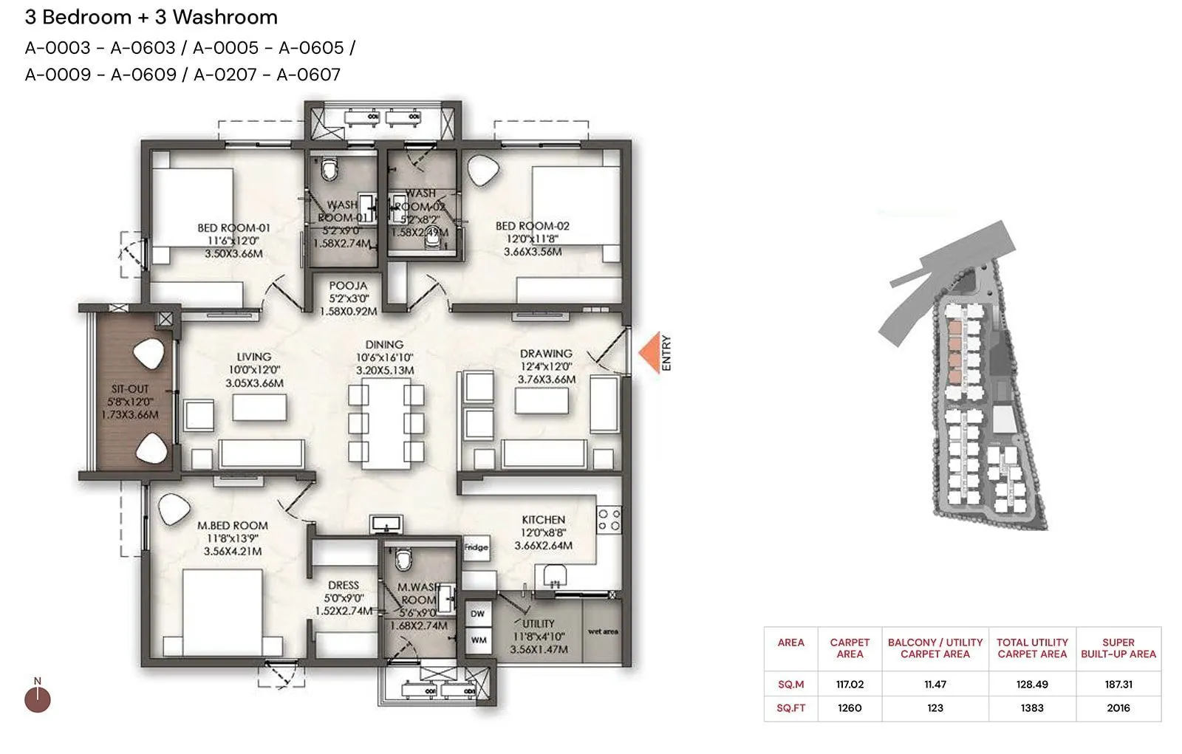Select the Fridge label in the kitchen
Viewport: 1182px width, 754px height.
476,547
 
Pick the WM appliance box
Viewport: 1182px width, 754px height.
479,640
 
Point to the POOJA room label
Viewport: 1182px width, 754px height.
348,286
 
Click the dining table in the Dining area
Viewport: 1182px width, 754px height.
386,422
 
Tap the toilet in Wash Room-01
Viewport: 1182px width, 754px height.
330,170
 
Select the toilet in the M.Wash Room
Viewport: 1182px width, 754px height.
403,558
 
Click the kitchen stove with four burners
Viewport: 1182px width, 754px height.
609,519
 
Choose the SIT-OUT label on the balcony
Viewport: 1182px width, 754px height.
130,388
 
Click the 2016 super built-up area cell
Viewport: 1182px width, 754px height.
1118,707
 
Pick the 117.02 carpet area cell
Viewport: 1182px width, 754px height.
850,685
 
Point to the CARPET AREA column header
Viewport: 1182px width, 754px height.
850,648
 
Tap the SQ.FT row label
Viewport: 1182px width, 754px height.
790,707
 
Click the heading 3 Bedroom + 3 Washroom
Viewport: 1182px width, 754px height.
151,17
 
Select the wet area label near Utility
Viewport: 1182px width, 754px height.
603,631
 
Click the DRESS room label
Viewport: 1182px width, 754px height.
344,585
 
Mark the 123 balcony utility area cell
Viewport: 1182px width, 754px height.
935,707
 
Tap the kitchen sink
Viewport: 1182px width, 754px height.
554,574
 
